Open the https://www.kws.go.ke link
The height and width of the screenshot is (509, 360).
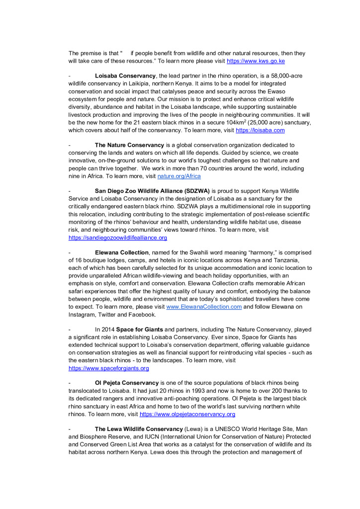256,61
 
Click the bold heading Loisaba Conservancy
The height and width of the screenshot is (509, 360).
125,76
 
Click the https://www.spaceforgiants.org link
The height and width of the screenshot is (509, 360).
108,368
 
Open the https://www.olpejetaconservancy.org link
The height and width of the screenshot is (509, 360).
187,414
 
